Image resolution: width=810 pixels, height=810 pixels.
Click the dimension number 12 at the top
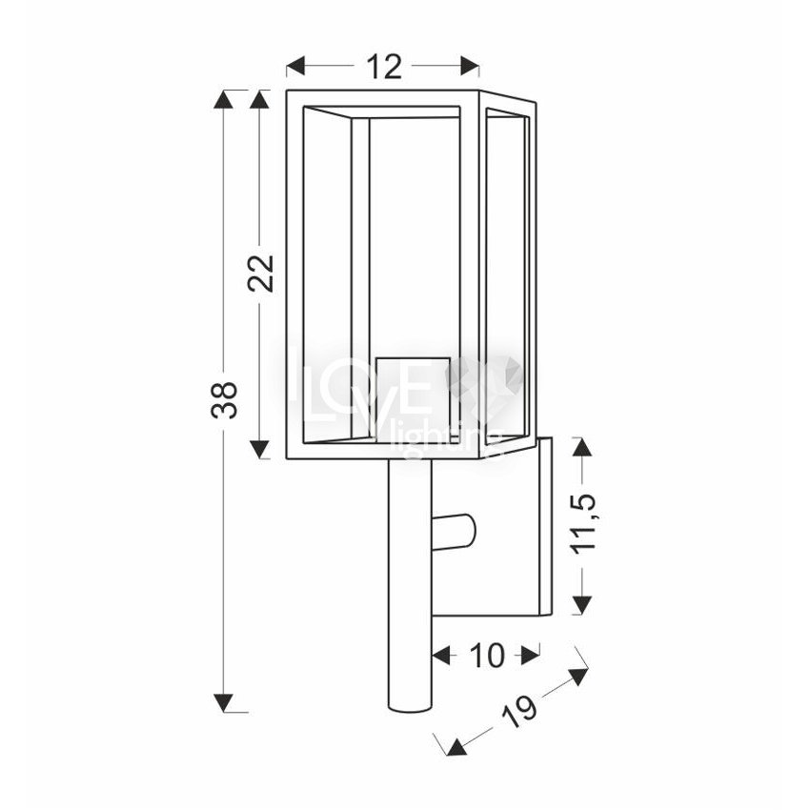point(384,67)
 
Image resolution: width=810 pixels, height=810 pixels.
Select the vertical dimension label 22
point(260,273)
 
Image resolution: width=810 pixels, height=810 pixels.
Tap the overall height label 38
point(224,399)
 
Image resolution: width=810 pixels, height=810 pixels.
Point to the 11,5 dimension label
point(583,524)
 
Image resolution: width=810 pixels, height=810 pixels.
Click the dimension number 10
point(486,656)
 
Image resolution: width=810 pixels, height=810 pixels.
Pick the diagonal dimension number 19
point(519,711)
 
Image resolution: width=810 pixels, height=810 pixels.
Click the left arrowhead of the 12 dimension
point(295,67)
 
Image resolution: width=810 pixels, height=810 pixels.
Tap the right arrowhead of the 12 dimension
point(470,67)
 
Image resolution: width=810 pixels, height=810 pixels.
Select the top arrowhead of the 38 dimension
point(223,99)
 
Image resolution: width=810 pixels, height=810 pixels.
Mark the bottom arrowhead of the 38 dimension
point(223,702)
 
